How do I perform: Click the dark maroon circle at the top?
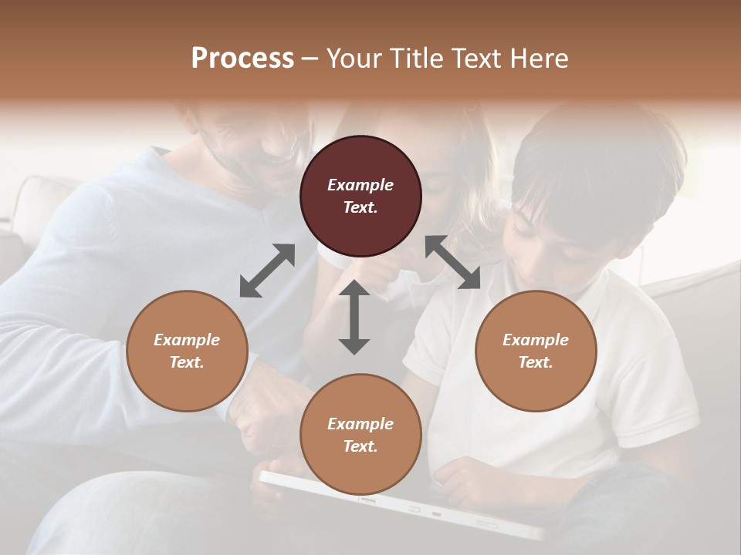coord(360,196)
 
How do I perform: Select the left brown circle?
coord(187,351)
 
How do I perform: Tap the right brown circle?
coord(536,351)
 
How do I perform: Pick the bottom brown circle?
coord(360,435)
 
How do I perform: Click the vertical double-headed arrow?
coord(354,317)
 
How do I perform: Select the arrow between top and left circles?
coord(267,271)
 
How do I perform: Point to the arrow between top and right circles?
coord(452,262)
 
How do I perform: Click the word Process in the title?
coord(242,58)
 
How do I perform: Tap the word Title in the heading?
coord(416,58)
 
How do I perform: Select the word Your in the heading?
coord(354,58)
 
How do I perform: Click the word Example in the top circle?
coord(360,185)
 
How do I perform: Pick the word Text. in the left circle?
coord(187,362)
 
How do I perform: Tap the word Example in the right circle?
coord(536,340)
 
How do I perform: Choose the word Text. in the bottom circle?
coord(360,446)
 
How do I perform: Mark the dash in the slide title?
coord(310,59)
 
